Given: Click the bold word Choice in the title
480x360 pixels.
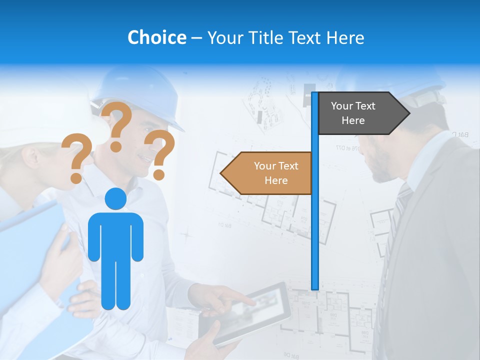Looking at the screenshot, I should pos(156,37).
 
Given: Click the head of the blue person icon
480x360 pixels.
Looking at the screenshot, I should pos(115,199).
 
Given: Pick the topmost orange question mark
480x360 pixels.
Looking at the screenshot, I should pos(118,125).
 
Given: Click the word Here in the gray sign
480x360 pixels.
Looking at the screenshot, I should pos(353,120).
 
